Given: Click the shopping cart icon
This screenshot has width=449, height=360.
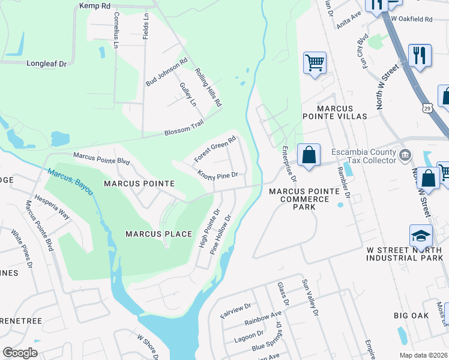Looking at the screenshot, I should coord(315,62).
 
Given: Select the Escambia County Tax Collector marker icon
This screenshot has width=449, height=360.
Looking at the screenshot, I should coord(405,155).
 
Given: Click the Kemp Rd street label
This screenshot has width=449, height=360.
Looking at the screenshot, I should coord(95,5).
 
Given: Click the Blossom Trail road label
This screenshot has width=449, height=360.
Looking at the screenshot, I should coord(184,128).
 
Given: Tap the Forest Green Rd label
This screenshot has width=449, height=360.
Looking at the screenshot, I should coord(215,149).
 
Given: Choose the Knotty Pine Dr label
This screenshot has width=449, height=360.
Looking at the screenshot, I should coord(218,175).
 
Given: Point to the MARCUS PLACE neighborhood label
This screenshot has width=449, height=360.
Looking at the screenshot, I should coord(158,234).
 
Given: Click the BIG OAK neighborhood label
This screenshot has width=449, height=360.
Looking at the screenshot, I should coord(411,315).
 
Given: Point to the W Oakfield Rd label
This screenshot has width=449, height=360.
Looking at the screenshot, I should coord(411,19).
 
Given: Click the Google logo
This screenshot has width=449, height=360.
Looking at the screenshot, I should coord(20,352).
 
